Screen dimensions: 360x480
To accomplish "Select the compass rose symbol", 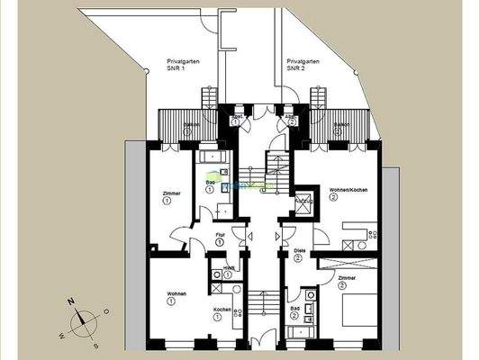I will tap(82, 319).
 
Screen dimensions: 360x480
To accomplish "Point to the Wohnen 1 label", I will tap(176, 299).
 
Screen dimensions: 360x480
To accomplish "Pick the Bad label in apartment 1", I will tap(210, 186).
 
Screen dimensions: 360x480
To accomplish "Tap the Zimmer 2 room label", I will tap(348, 282).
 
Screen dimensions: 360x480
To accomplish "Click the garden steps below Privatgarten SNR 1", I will tap(208, 98).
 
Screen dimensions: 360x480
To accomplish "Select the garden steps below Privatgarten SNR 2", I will tap(318, 98).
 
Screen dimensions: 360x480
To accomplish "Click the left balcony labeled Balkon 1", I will tap(186, 125).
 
